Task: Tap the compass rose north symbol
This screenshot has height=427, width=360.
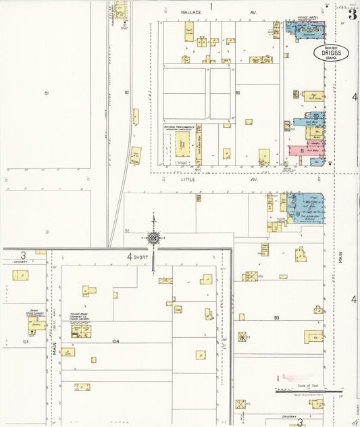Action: [x=154, y=238]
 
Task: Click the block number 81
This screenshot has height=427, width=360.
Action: [x=47, y=92]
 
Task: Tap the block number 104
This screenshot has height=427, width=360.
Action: [x=115, y=341]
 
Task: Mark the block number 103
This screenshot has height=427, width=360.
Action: [x=25, y=342]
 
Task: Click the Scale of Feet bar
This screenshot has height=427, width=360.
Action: [x=307, y=391]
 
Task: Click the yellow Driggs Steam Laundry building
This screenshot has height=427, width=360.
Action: [x=35, y=325]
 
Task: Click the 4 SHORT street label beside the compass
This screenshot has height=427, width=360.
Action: [x=138, y=256]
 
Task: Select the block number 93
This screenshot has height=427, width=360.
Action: [x=276, y=317]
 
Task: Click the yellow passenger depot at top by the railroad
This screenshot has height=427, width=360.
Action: [x=120, y=9]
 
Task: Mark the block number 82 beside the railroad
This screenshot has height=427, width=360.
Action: [x=126, y=92]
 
